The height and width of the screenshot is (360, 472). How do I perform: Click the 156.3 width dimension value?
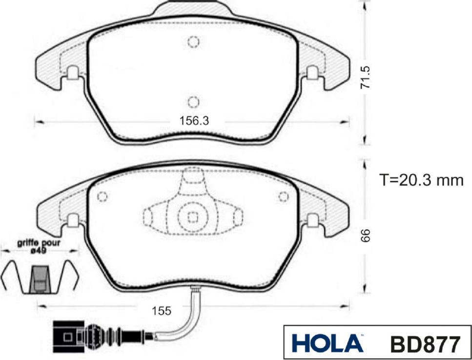194,121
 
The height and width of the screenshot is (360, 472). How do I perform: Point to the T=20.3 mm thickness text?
421,180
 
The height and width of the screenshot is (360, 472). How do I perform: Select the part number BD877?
424,343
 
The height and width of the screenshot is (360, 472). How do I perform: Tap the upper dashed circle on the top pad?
194,42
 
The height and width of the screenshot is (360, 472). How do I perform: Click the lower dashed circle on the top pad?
194,102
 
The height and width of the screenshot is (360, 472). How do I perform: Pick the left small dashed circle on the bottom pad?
102,197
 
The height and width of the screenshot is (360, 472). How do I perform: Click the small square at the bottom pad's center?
192,218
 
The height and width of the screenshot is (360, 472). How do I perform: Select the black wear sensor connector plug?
65,337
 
